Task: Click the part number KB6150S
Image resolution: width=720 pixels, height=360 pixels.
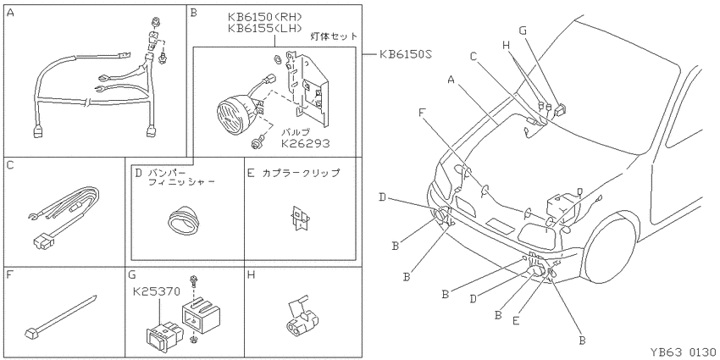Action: point(405,55)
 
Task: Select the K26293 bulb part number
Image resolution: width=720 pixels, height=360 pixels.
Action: point(305,144)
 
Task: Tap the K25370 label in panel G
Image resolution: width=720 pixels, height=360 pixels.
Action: point(156,291)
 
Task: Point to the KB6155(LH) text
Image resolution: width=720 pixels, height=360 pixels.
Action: point(265,28)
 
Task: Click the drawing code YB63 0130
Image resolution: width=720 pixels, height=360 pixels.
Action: point(683,352)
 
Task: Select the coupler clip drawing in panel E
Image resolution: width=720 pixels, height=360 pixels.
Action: point(298,217)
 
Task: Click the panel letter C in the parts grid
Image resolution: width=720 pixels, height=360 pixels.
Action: point(10,164)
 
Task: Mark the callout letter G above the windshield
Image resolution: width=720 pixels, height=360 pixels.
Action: point(522,30)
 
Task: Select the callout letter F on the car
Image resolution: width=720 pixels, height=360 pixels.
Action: point(422,112)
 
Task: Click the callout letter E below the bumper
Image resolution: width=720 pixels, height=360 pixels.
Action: point(516,321)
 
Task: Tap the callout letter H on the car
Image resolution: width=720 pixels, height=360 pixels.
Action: point(506,45)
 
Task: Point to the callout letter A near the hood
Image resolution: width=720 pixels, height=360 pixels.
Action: point(451,80)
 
